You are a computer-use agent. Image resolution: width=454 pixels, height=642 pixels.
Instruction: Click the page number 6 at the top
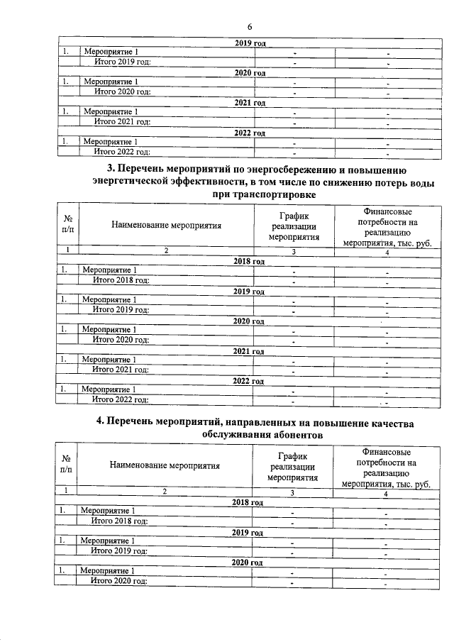click(250, 26)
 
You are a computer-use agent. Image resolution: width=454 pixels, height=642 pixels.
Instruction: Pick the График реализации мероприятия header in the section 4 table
click(292, 465)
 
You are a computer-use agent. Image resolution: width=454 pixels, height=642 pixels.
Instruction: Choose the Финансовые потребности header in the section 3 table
click(387, 227)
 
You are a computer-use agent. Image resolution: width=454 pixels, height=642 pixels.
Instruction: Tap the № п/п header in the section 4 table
click(65, 465)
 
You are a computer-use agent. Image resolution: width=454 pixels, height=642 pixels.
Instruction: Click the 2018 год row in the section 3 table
click(249, 261)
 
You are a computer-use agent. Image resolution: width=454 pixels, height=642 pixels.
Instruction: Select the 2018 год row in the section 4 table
click(248, 502)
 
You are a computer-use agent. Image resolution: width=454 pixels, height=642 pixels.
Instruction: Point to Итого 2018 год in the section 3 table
click(120, 280)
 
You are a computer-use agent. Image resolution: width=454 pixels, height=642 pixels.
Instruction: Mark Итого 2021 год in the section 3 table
click(120, 370)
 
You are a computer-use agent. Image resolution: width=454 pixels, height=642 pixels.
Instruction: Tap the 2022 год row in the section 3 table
click(249, 380)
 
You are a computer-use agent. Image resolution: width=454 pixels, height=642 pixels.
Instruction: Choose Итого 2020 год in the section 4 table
click(119, 581)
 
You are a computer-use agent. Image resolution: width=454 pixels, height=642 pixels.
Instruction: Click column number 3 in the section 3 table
click(292, 251)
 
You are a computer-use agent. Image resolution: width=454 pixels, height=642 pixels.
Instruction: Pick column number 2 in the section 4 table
click(165, 492)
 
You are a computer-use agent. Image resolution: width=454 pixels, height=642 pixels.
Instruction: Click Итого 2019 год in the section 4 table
click(119, 550)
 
